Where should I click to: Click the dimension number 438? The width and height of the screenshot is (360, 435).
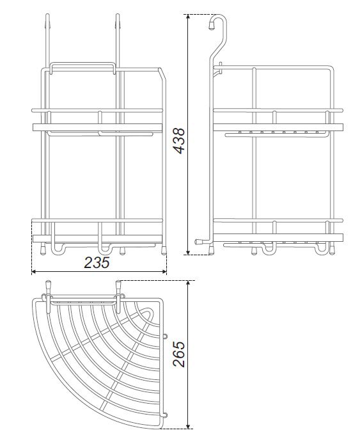pos(179,141)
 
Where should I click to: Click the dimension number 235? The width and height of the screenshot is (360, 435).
pos(97,262)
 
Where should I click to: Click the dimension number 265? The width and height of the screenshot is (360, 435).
pos(179,354)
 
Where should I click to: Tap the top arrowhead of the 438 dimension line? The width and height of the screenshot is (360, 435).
pos(188,17)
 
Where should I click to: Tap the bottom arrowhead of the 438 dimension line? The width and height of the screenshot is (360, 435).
pos(188,251)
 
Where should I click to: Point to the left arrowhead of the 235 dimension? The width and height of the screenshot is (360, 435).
pos(35,272)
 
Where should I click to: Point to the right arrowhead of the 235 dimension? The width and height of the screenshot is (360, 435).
pos(164,272)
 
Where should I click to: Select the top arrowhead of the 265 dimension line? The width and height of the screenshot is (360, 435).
pos(188,283)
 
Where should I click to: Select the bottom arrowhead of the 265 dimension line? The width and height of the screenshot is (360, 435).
pos(188,427)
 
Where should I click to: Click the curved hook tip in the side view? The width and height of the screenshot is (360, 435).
pos(212,26)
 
